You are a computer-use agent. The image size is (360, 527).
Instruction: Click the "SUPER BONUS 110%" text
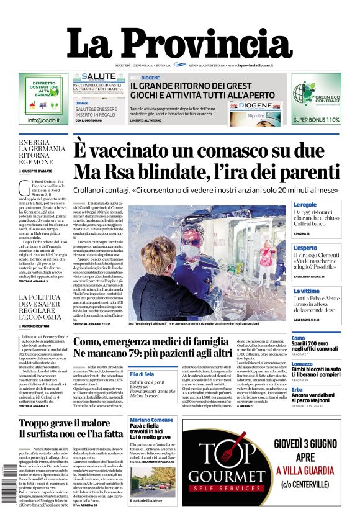(x=317, y=120)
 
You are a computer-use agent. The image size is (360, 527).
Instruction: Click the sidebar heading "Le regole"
(x=305, y=204)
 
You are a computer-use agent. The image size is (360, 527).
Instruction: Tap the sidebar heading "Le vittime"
(x=306, y=291)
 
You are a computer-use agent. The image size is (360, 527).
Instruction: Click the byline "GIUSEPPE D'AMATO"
(x=44, y=170)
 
